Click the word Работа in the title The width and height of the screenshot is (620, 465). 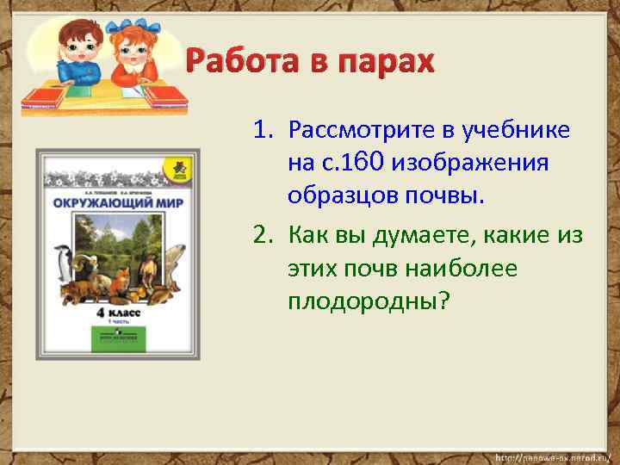[240, 63]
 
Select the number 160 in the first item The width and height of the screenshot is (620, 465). [365, 161]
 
